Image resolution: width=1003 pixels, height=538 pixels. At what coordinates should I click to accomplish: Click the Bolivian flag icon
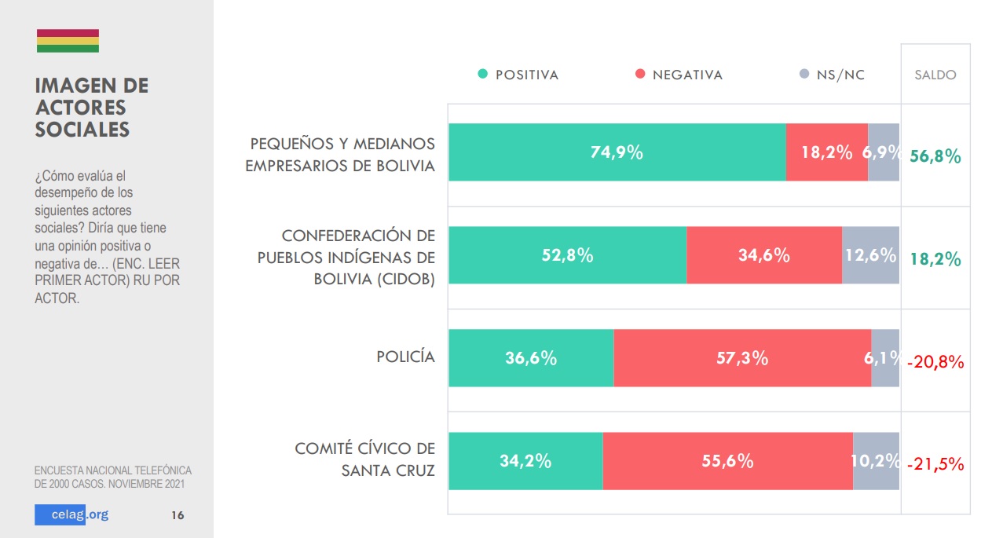(68, 41)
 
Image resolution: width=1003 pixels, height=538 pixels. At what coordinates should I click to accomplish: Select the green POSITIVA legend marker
(483, 75)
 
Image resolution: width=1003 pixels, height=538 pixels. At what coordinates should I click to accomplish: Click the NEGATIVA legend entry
(679, 75)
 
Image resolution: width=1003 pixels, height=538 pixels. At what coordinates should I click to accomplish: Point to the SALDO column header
(935, 75)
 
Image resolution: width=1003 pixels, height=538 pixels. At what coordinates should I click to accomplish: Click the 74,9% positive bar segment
(617, 152)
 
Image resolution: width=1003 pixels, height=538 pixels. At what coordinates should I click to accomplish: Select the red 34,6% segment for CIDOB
(763, 255)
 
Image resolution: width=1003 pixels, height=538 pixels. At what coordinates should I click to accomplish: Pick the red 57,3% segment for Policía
(742, 358)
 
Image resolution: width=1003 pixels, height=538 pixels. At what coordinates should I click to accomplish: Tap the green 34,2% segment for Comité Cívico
(525, 461)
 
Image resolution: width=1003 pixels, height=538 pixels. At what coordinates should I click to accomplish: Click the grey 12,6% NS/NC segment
(870, 255)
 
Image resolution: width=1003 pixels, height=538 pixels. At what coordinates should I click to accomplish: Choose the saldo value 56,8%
(935, 156)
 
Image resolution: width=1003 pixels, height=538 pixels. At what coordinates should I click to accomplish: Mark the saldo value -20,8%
(935, 362)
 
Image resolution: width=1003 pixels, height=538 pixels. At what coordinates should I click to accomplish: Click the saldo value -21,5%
(935, 464)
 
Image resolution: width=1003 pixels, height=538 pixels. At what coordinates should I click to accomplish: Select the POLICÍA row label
(405, 357)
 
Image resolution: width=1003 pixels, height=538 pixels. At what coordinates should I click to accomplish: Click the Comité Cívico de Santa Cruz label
(364, 459)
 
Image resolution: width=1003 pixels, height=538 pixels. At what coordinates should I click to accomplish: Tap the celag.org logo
(71, 515)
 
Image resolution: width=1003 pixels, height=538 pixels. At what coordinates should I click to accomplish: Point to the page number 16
(178, 516)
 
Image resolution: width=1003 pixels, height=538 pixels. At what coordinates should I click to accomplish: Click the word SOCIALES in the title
(82, 130)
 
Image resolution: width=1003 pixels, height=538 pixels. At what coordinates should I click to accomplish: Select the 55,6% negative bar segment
(727, 461)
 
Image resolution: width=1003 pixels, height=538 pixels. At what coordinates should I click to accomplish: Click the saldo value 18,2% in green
(935, 259)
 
